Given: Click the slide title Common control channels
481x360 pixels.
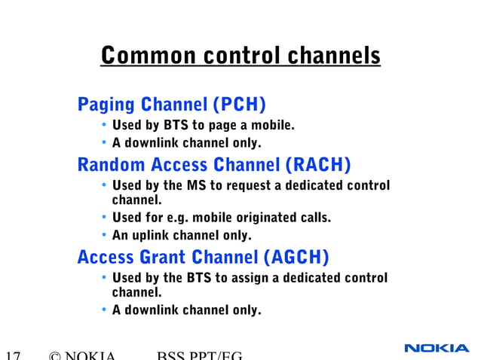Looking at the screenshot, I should click(x=240, y=56).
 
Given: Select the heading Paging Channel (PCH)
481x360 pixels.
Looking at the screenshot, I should click(x=172, y=103).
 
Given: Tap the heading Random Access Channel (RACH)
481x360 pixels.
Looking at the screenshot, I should click(x=214, y=164).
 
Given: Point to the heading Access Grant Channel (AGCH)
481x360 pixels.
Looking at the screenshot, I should click(x=203, y=258).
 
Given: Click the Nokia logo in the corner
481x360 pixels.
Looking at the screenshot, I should click(x=437, y=348).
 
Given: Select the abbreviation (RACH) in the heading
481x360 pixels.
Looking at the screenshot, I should click(x=318, y=164).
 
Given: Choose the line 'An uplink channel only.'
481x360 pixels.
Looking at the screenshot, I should click(x=182, y=236).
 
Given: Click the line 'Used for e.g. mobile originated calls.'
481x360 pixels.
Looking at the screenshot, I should click(x=221, y=218).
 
